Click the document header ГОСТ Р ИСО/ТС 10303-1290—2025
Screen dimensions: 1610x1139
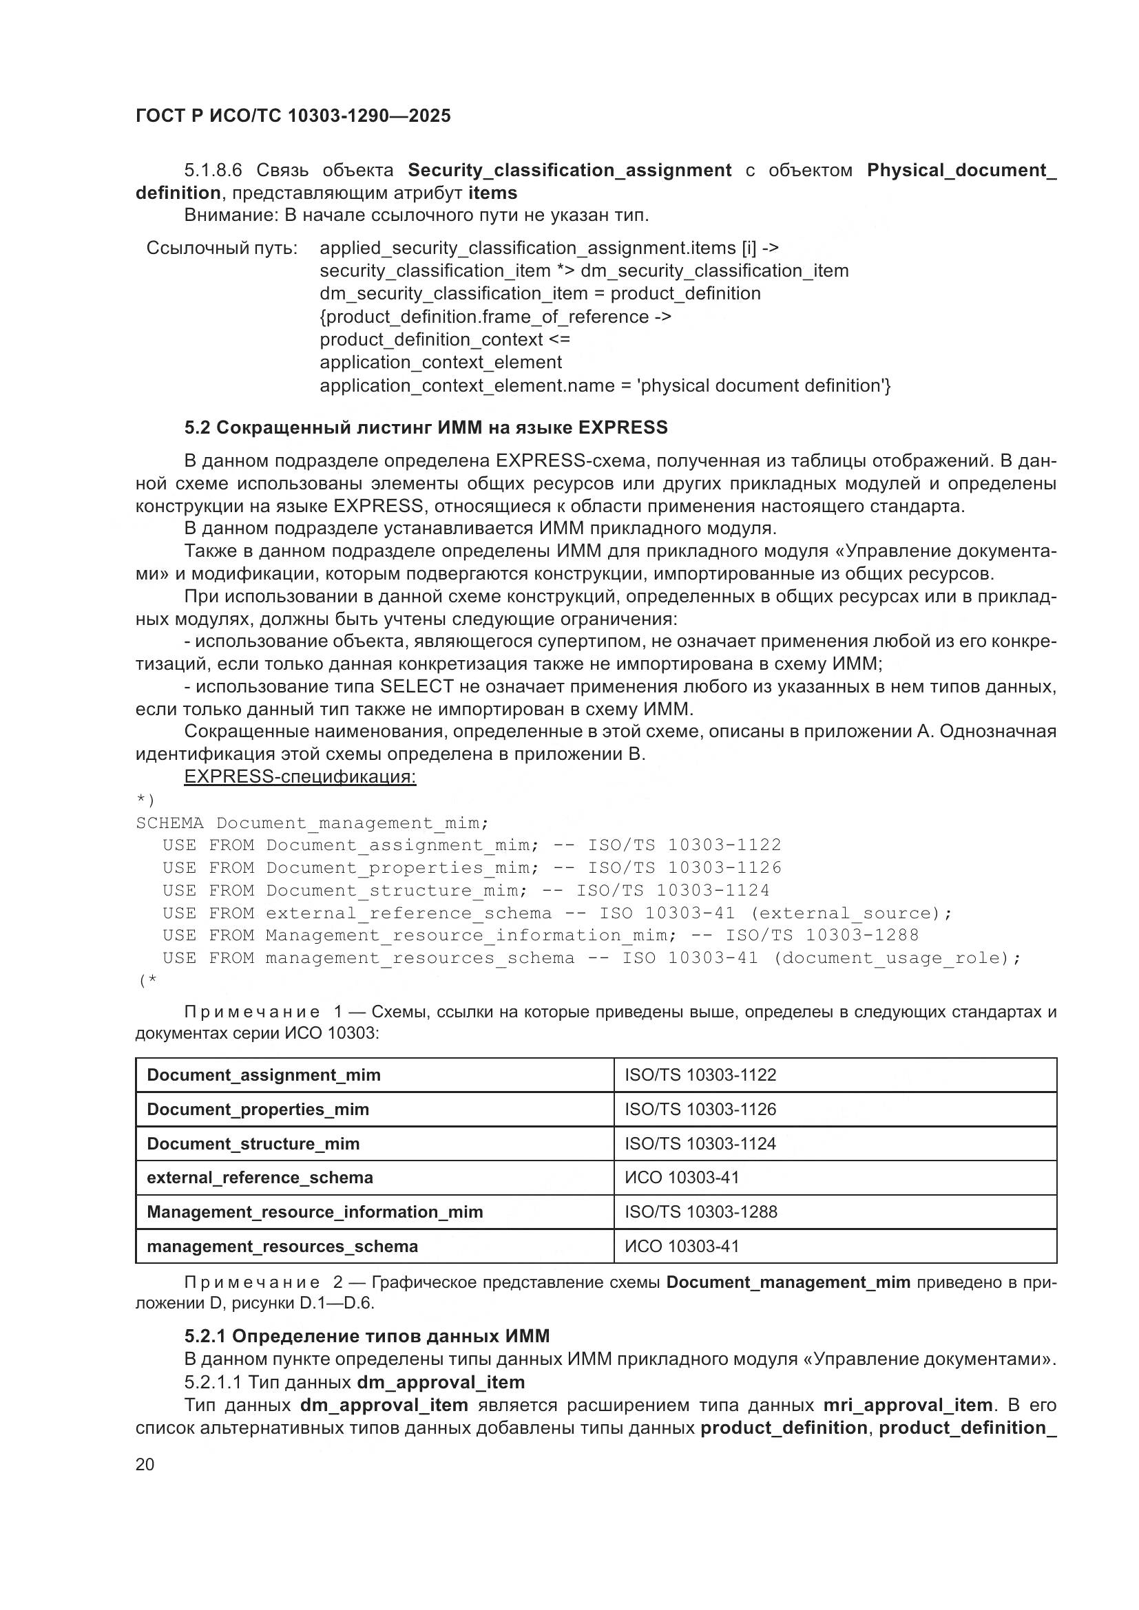(293, 116)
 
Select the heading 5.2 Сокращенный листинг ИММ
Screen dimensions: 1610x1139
(426, 427)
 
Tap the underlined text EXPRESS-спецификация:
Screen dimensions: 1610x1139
(300, 777)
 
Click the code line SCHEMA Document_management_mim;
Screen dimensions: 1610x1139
(312, 823)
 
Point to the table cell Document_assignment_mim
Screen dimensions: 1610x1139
(264, 1075)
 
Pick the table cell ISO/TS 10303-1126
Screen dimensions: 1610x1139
(700, 1110)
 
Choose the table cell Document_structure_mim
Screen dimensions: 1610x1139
(253, 1144)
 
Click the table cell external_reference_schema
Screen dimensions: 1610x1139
(260, 1177)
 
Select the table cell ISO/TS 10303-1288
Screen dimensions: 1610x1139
(700, 1211)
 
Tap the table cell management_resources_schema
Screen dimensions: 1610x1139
(282, 1246)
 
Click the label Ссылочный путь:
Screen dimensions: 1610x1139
(222, 248)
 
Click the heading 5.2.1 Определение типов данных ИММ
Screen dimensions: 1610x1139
(367, 1336)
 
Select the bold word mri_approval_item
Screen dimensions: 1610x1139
(908, 1406)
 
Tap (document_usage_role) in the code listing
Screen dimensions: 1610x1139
(890, 958)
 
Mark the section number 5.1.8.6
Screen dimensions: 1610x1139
(213, 171)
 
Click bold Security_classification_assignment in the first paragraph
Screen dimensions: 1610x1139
(569, 171)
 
